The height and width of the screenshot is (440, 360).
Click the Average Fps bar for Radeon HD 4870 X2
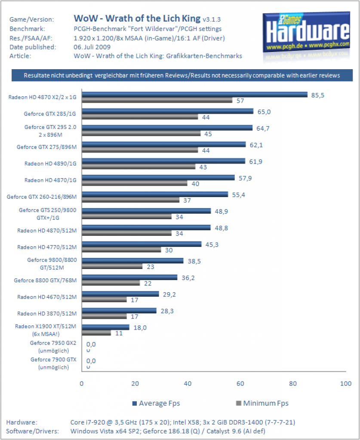[194, 95]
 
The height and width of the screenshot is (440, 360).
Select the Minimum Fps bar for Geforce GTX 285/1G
[140, 117]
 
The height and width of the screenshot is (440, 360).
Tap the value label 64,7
[263, 128]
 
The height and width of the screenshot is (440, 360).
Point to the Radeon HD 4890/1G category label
[50, 164]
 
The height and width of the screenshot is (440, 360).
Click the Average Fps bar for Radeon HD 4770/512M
[142, 244]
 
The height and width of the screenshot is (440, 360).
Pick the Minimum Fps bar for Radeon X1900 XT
[96, 333]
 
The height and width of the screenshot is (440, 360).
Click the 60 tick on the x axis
[240, 384]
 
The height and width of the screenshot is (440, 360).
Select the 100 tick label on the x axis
[346, 384]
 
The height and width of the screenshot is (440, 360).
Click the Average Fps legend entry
[156, 403]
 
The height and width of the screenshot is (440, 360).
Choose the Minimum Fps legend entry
[262, 403]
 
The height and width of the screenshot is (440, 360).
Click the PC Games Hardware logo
[306, 32]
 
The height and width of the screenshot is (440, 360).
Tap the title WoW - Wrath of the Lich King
[137, 18]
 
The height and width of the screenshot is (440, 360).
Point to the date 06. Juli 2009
[92, 47]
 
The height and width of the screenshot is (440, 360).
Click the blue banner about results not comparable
[182, 75]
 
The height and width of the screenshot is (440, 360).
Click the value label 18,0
[140, 328]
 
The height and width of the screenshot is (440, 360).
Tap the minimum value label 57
[240, 101]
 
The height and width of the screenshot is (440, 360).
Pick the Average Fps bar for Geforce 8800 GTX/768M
[129, 277]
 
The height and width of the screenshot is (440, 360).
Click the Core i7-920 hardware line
[182, 422]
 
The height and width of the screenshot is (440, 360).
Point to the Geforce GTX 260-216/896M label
[42, 197]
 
